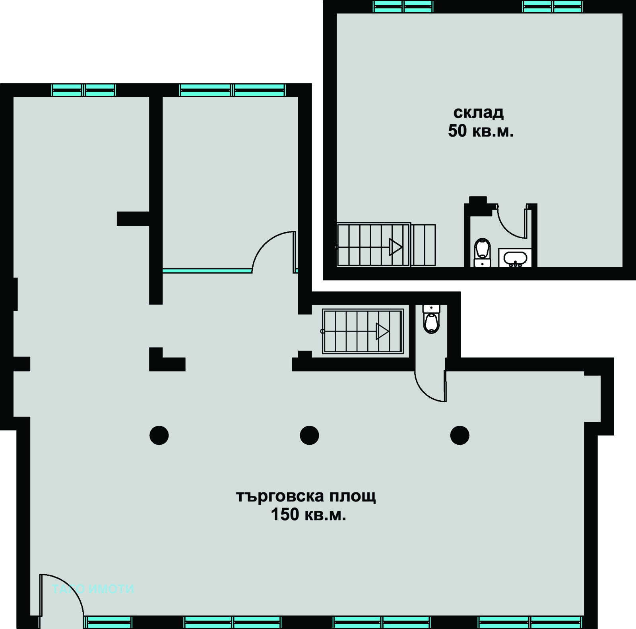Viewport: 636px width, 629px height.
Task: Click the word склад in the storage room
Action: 479,113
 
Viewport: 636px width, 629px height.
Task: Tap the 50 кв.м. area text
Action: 481,131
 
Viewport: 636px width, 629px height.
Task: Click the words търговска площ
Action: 306,496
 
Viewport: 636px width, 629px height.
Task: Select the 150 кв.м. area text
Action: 308,515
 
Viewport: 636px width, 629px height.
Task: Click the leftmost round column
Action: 159,435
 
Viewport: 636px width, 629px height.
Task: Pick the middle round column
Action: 309,435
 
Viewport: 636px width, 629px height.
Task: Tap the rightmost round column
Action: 460,435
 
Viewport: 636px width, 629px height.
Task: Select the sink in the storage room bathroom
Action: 515,258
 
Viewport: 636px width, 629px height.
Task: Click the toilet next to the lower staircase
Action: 431,319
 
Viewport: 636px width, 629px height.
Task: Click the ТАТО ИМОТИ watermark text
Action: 93,589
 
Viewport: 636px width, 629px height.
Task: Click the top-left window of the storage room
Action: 403,7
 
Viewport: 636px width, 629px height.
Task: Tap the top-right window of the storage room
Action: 553,7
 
